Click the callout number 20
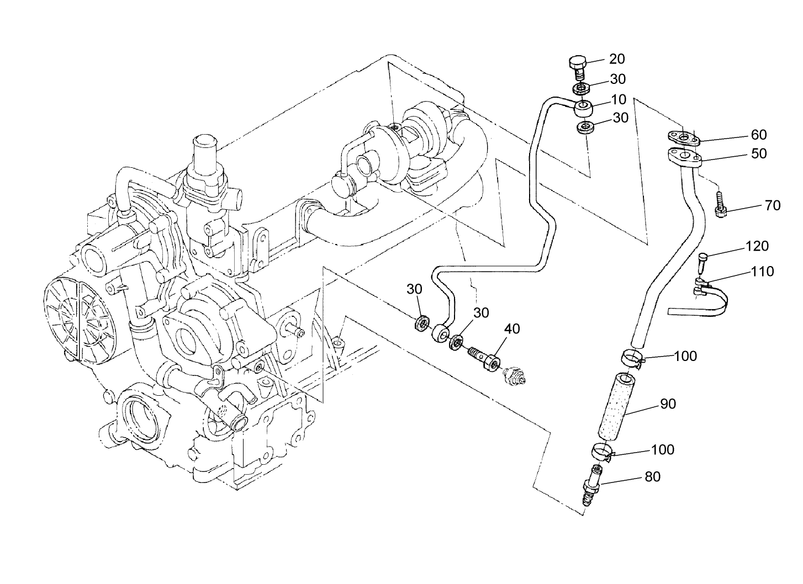pyautogui.click(x=617, y=59)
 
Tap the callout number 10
pyautogui.click(x=604, y=99)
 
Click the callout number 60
pyautogui.click(x=759, y=135)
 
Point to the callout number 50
pyautogui.click(x=759, y=153)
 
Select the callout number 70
pyautogui.click(x=773, y=205)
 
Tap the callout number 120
pyautogui.click(x=757, y=246)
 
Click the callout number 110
pyautogui.click(x=762, y=271)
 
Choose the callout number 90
pyautogui.click(x=668, y=404)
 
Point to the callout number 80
pyautogui.click(x=652, y=476)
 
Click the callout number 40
pyautogui.click(x=512, y=328)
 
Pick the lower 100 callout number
pyautogui.click(x=663, y=449)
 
